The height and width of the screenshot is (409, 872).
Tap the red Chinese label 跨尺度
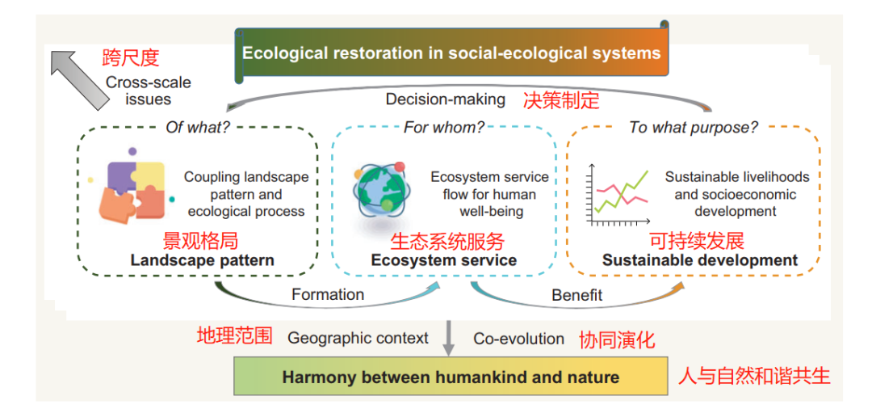[131, 57]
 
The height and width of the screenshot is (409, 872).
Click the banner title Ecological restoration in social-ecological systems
[451, 54]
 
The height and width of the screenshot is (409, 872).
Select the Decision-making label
[446, 99]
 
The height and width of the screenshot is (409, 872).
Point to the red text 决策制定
[561, 100]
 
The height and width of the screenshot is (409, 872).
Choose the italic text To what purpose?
[694, 128]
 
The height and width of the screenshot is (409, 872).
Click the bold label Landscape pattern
[202, 260]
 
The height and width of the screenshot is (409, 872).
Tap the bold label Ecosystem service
[444, 260]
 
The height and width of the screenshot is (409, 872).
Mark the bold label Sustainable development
[700, 260]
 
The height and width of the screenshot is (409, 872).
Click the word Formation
[328, 294]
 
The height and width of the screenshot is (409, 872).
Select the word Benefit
[576, 295]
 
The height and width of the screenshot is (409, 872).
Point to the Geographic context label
[358, 338]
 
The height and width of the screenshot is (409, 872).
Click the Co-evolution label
[518, 339]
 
